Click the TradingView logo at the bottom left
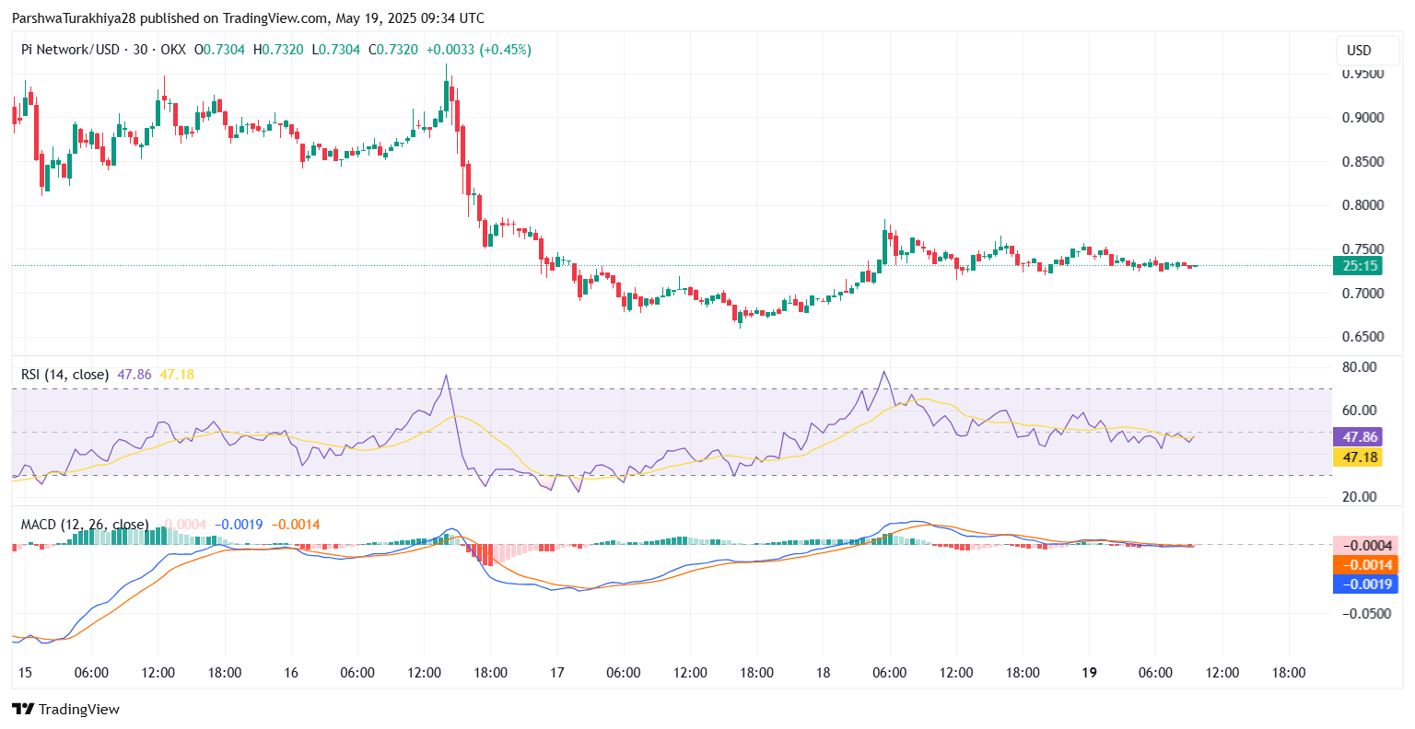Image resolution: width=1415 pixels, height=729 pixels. pos(65,710)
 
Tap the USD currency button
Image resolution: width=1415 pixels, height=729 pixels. pos(1359,51)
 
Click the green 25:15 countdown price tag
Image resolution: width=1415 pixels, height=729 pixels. pos(1359,266)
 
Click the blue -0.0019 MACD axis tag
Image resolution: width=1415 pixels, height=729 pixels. pos(1365,584)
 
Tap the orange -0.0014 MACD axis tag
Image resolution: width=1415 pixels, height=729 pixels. pos(1365,565)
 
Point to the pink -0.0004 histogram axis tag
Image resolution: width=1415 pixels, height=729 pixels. pos(1365,546)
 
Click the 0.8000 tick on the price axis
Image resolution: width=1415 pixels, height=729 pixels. pos(1362,205)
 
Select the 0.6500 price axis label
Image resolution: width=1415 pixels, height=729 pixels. pos(1362,337)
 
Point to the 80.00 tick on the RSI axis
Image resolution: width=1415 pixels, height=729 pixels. pos(1360,367)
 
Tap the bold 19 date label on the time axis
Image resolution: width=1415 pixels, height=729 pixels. pos(1089,673)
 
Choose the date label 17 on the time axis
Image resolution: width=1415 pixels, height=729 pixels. pos(556,673)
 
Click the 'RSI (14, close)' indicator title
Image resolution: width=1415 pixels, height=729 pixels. pos(65,375)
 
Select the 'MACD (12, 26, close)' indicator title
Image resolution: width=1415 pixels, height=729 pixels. pos(85,525)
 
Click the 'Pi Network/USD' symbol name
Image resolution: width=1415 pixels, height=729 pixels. pos(70,50)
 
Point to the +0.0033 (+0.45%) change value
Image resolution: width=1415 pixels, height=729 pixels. pos(478,50)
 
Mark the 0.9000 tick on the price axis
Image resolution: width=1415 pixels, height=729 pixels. pos(1362,118)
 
